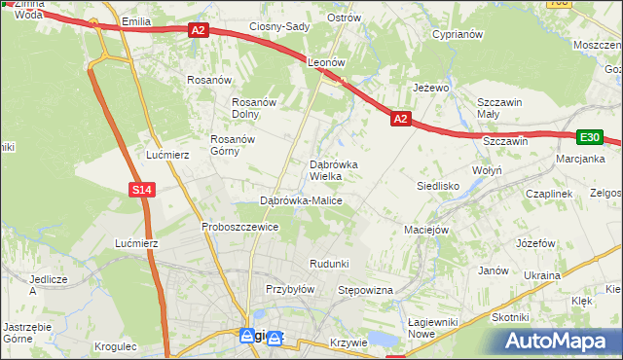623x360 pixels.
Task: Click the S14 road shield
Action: [142, 190]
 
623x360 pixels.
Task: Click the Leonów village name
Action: [327, 61]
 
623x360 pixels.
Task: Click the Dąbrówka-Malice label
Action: [301, 200]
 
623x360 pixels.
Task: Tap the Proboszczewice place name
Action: [240, 227]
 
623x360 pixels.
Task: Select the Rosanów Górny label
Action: [233, 145]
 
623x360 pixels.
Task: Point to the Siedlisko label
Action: [438, 184]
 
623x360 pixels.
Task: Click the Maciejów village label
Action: [425, 231]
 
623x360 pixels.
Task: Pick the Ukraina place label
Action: [542, 275]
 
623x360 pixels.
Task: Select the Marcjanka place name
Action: [581, 159]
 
